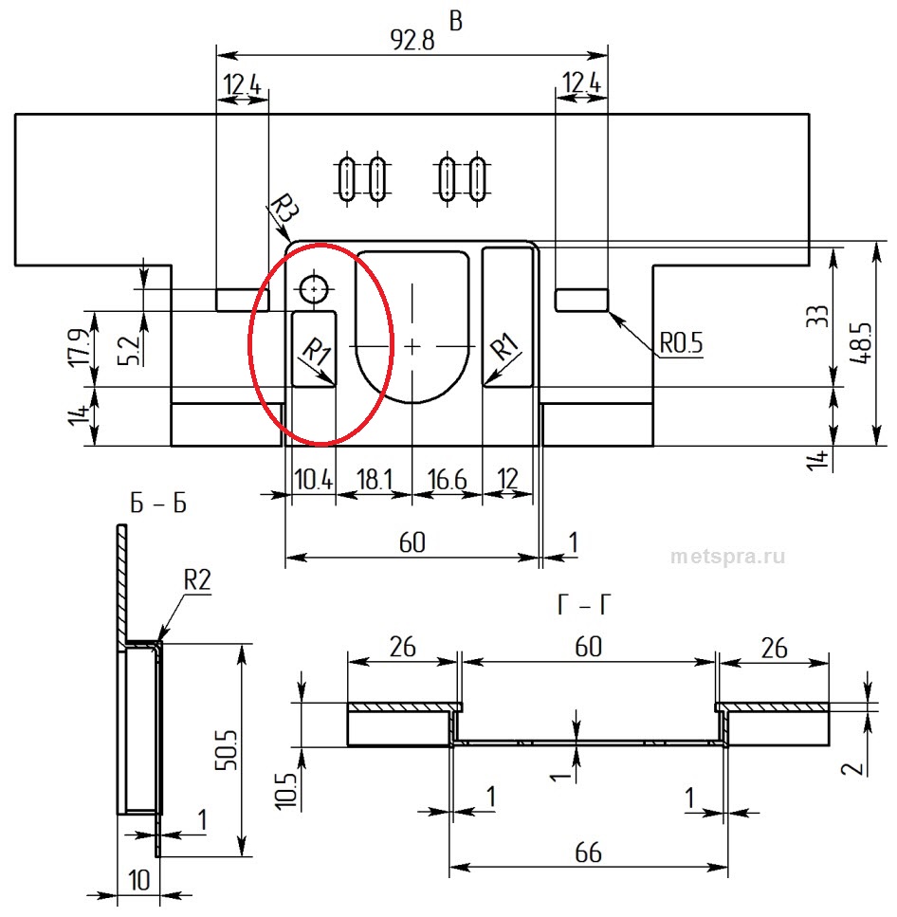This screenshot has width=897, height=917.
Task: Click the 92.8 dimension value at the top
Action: (x=412, y=40)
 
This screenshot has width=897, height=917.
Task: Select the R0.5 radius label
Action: (x=681, y=342)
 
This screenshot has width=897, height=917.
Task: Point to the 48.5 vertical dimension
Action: (x=861, y=344)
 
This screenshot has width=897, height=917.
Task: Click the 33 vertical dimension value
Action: (x=817, y=317)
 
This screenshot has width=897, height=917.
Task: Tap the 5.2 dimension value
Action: (x=129, y=351)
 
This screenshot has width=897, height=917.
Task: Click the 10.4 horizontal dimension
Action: (x=314, y=480)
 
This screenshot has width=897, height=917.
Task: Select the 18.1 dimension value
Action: (x=375, y=480)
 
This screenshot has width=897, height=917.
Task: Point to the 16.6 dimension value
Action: (x=448, y=480)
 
